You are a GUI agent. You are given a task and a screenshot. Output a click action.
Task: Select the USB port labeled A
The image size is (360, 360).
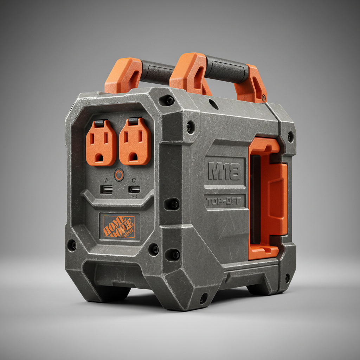coord(107,189)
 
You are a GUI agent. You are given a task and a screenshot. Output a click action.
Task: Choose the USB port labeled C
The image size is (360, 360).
coord(134,189)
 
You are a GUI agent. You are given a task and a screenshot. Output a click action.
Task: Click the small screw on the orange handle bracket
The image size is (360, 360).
coord(264,97)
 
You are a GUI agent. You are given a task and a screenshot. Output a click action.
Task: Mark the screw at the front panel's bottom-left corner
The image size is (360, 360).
coord(72,245)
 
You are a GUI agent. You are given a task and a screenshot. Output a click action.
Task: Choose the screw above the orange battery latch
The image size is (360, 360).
coord(290,136)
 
